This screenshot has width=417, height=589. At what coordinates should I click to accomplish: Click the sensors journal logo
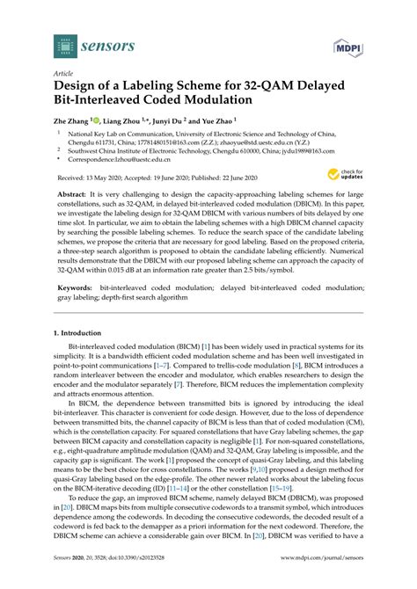coord(84,42)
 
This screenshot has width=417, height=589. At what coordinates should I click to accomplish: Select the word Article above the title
coord(64,74)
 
